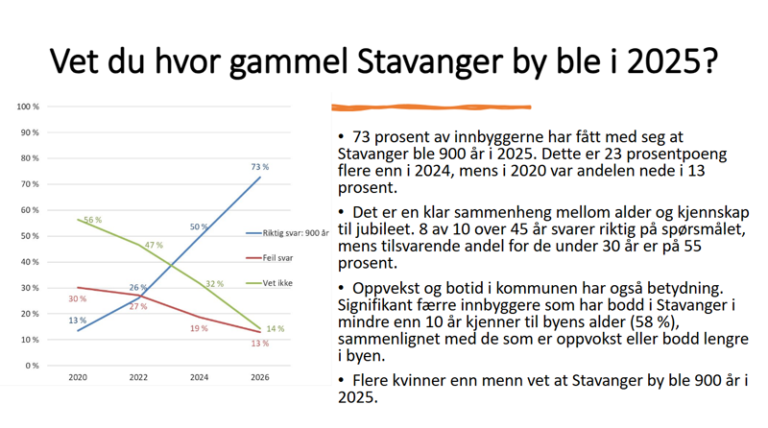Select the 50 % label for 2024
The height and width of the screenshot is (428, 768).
(199, 226)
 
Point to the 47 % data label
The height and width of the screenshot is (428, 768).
(153, 246)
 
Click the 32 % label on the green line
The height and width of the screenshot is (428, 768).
(213, 284)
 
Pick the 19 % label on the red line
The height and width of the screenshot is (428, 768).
(197, 328)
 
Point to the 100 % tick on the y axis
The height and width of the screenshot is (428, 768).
(29, 107)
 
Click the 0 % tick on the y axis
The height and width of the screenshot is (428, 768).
(32, 366)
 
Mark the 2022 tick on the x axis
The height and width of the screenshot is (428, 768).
(138, 379)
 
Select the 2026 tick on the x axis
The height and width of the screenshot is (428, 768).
(260, 379)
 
